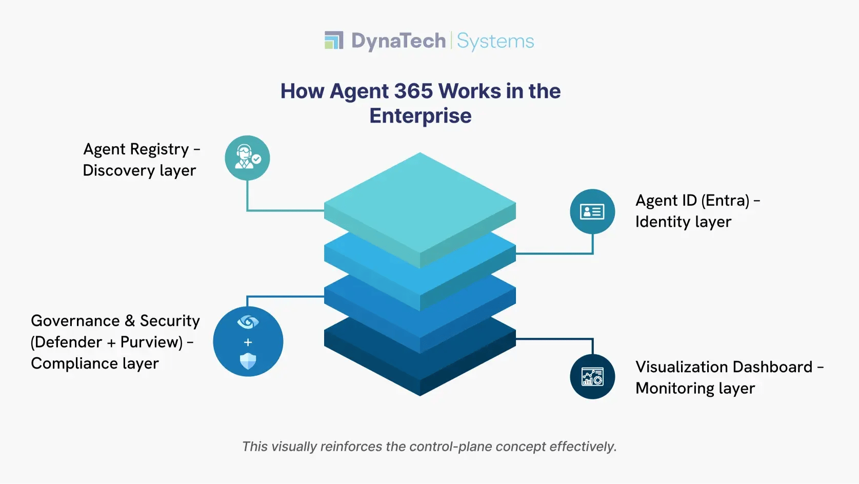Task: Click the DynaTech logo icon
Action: coord(334,41)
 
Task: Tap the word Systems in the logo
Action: coord(495,41)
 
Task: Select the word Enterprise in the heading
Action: coord(421,116)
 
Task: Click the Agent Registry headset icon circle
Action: coord(247,158)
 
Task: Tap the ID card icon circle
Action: coord(592,211)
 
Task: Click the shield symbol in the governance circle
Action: coord(248,361)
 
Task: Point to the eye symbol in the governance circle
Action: coord(248,322)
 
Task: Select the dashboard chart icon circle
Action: coord(592,377)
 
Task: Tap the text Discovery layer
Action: coord(139,170)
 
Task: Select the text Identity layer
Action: coord(683,222)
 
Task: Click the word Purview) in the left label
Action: coord(151,342)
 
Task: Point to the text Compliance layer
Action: coord(95,363)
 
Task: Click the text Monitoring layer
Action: coord(695,389)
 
